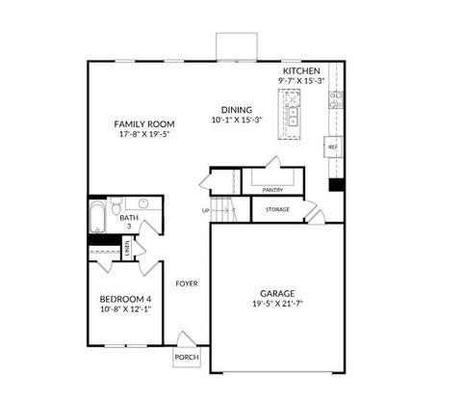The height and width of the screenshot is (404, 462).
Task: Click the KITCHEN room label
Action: click(300, 71)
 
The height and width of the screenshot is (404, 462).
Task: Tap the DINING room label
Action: click(236, 110)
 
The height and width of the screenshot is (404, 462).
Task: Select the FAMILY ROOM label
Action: click(143, 124)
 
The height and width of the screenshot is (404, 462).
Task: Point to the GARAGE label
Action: click(278, 293)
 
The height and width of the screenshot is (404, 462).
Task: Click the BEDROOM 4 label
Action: click(126, 299)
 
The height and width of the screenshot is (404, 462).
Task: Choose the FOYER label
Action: click(186, 283)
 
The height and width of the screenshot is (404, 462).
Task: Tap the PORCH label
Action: click(186, 357)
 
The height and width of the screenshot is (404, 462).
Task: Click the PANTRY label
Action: click(271, 190)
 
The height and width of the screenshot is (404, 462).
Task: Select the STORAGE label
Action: click(277, 209)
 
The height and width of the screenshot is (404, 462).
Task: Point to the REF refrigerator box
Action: click(333, 147)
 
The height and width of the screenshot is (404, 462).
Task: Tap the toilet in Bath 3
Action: click(115, 208)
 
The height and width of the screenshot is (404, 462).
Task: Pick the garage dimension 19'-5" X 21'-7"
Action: click(277, 305)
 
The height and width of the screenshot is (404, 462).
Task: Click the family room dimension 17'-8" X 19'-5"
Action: click(143, 136)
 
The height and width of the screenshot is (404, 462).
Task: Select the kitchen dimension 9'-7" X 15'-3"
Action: click(300, 83)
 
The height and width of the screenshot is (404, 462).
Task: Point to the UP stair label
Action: click(205, 211)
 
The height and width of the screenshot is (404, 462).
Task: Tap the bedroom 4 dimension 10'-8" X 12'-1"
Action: click(126, 310)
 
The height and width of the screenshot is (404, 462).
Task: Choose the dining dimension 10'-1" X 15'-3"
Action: click(236, 121)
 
